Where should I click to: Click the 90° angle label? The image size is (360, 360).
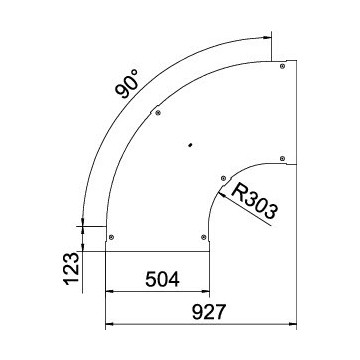click(127, 83)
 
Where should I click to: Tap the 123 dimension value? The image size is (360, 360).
click(72, 269)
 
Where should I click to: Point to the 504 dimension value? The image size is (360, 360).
click(162, 279)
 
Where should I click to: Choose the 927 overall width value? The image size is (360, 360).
click(209, 312)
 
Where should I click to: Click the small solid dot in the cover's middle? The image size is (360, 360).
click(190, 145)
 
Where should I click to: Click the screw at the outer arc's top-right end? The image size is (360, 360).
click(282, 66)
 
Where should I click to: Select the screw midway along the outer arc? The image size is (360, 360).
click(158, 113)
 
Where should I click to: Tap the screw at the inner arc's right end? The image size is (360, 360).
click(282, 158)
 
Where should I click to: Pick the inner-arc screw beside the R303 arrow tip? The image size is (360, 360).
click(223, 179)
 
